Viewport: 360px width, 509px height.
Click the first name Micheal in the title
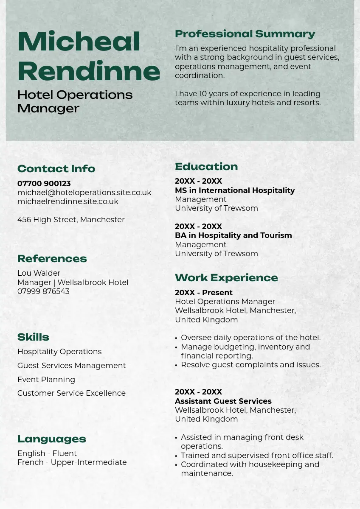[79, 42]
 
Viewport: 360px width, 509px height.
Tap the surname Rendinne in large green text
[89, 71]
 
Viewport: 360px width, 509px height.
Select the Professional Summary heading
[245, 34]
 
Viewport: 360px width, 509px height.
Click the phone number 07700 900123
[44, 184]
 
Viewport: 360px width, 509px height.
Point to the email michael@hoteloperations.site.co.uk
[84, 193]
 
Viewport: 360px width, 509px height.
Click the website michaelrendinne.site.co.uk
[68, 201]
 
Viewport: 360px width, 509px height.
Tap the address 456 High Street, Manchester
[71, 220]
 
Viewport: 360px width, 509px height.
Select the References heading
[52, 259]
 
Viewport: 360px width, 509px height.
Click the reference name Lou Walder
[39, 273]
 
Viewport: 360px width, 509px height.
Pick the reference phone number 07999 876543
[43, 291]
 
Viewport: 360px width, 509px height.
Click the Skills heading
[33, 337]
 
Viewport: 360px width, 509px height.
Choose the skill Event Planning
[46, 380]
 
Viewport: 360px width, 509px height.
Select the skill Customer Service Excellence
[71, 393]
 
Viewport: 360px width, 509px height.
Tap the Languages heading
[52, 439]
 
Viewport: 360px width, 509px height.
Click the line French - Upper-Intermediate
[72, 462]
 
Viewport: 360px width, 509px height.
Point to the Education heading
[206, 167]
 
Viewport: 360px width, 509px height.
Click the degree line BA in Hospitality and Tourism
[233, 235]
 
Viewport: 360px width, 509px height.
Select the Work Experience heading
[226, 278]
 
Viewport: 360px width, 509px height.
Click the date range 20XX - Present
[204, 293]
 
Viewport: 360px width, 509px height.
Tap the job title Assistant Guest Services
[223, 401]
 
